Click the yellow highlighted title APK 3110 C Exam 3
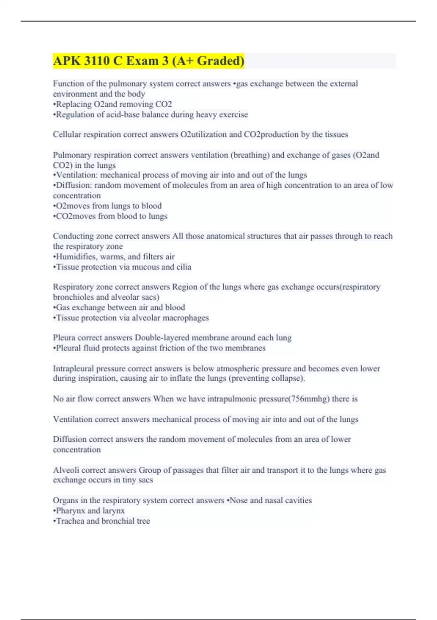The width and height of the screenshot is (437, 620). (x=148, y=61)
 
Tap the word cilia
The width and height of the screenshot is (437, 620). (x=184, y=267)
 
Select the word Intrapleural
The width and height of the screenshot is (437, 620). (x=73, y=368)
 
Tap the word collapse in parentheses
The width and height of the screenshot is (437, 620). (x=288, y=378)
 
